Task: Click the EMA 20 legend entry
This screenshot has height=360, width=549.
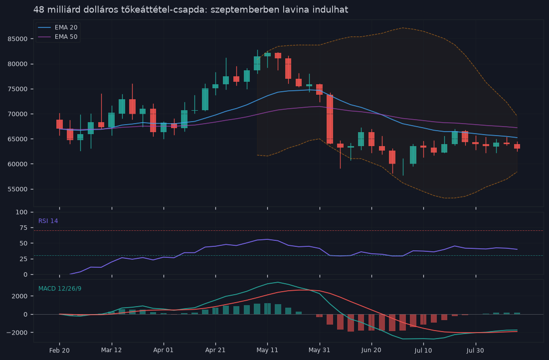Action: point(57,27)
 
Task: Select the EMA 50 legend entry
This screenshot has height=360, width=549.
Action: point(57,37)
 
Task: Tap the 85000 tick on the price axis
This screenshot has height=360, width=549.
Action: point(17,39)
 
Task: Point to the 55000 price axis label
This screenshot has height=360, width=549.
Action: point(17,189)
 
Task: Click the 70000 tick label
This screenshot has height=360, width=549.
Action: point(17,114)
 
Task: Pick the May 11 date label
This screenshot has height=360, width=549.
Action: point(267,350)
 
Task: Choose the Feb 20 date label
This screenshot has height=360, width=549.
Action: point(59,350)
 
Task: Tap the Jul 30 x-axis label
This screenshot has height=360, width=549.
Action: point(476,350)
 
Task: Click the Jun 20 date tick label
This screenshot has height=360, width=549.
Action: point(371,350)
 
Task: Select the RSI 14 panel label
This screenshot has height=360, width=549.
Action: point(48,221)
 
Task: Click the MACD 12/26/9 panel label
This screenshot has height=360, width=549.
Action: point(60,289)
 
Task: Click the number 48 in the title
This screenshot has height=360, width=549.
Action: point(39,10)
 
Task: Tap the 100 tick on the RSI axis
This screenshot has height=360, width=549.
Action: point(22,212)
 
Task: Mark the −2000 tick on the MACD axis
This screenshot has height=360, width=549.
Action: point(17,333)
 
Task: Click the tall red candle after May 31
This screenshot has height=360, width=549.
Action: point(330,119)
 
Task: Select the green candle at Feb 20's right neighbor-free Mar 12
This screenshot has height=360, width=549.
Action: point(112,120)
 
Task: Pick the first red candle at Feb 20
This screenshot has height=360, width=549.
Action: point(59,124)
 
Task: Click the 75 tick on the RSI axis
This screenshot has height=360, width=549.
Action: point(24,228)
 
